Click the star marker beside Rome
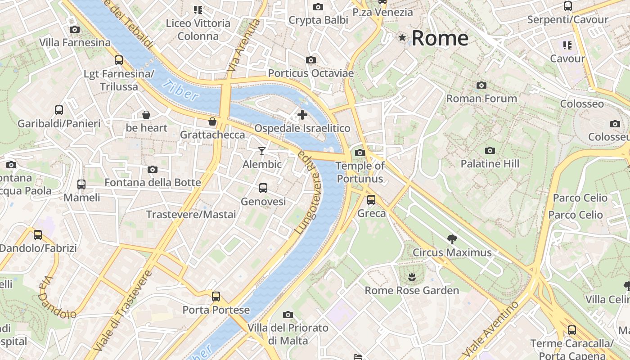402,38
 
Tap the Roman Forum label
481,98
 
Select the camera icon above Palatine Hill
490,150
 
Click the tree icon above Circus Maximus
452,239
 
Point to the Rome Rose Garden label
412,290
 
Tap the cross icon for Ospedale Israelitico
302,115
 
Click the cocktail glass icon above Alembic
262,151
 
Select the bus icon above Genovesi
263,188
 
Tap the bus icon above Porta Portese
216,296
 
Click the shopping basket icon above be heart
146,115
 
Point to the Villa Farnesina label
75,42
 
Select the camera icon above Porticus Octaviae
310,60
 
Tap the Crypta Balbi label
318,20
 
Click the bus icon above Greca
371,199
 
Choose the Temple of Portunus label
360,172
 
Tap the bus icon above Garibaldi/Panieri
59,110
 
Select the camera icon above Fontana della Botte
153,169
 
